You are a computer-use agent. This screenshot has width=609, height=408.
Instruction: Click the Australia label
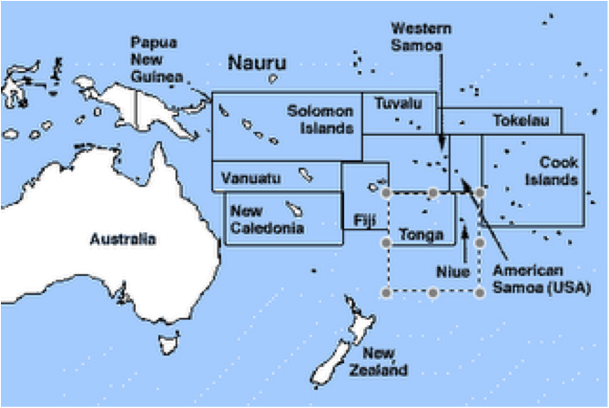pos(122,240)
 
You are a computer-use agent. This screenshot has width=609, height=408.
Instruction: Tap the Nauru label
pos(256,63)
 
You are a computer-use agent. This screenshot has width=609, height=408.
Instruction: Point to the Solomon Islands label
pos(320,119)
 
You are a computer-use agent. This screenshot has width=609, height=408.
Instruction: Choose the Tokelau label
pos(521,120)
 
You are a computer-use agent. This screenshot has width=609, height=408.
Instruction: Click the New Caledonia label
pos(266,219)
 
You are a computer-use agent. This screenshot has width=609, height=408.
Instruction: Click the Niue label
pos(452,271)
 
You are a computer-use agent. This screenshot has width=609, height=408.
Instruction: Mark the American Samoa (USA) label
pos(540,280)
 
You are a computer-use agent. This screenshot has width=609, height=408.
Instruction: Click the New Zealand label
pos(382,362)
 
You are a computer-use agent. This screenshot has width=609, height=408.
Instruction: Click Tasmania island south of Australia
pos(167,343)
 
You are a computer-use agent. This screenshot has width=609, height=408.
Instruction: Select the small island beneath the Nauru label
pos(272,79)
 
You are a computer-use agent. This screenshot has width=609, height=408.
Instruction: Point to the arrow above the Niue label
pos(466,241)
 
